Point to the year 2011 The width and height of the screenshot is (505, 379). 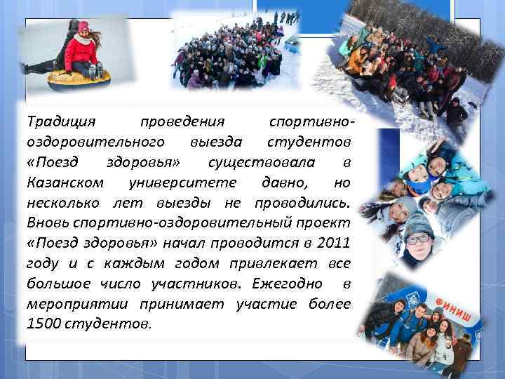331,244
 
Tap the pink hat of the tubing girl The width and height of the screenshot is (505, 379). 83,27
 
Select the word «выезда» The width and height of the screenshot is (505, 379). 216,142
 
